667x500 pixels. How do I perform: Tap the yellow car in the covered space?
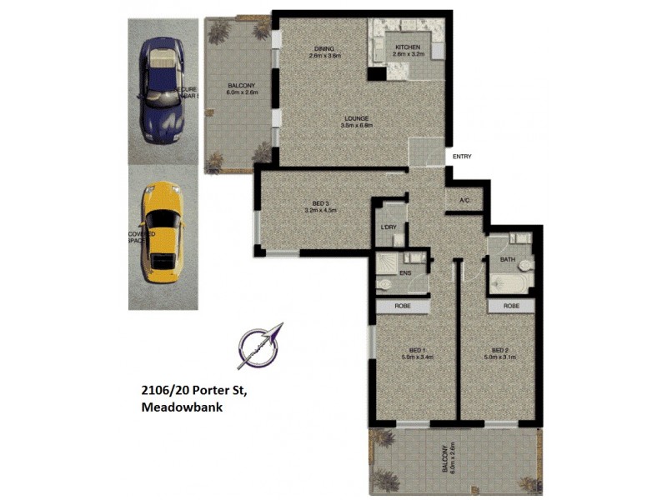(x=161, y=232)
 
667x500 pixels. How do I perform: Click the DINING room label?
(x=323, y=48)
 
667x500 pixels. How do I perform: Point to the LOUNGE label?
(x=356, y=118)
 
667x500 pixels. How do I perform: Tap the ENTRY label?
(x=462, y=156)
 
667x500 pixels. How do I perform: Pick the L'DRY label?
(x=387, y=227)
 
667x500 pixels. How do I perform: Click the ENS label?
(x=406, y=272)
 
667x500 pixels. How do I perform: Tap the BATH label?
(x=508, y=259)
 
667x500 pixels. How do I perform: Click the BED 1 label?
(x=417, y=350)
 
